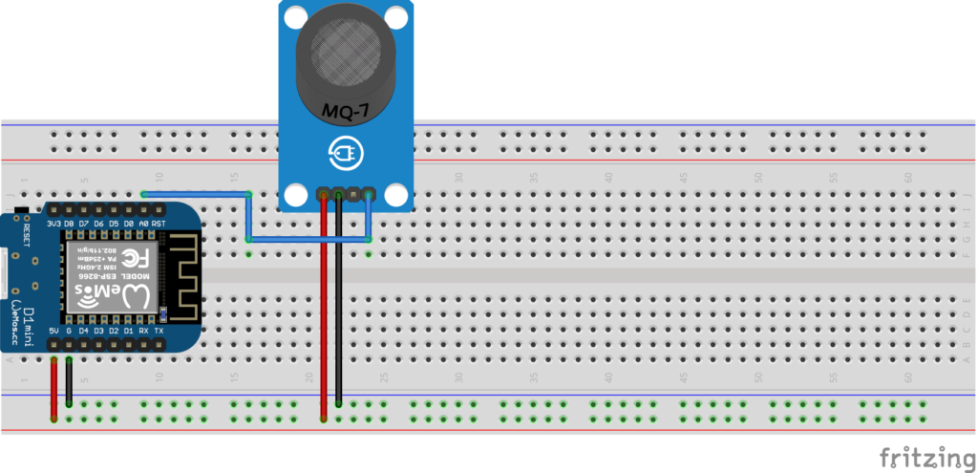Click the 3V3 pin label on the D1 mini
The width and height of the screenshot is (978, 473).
pyautogui.click(x=53, y=223)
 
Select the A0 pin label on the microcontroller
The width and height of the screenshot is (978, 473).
pyautogui.click(x=144, y=223)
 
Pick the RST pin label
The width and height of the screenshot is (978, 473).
pyautogui.click(x=159, y=223)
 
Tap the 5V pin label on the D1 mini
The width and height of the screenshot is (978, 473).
pyautogui.click(x=53, y=331)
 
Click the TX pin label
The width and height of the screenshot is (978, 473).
pyautogui.click(x=159, y=331)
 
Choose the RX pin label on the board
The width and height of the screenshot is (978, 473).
pyautogui.click(x=144, y=331)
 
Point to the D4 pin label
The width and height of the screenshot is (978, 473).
pyautogui.click(x=84, y=331)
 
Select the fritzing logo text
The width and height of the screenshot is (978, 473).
pyautogui.click(x=920, y=454)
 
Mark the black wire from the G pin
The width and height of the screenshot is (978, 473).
pyautogui.click(x=70, y=382)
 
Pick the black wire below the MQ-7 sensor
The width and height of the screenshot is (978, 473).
pyautogui.click(x=340, y=315)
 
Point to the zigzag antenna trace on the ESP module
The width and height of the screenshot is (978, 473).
pyautogui.click(x=187, y=277)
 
